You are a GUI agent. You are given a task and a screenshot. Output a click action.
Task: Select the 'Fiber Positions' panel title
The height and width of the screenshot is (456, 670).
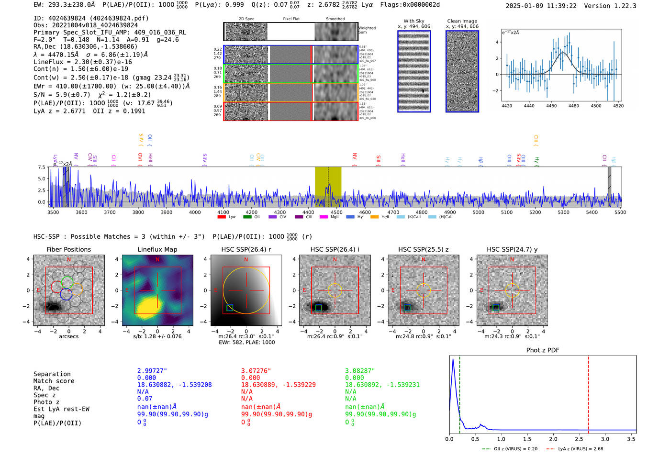(x=68, y=249)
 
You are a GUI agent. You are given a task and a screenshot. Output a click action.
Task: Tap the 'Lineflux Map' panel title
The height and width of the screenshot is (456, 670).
(x=157, y=249)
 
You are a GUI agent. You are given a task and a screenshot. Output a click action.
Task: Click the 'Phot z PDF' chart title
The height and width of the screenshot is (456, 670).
(x=543, y=350)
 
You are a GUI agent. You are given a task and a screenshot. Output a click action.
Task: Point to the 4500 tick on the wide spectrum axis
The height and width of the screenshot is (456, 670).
(x=336, y=212)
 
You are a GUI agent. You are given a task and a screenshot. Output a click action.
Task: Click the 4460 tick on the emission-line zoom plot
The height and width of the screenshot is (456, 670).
(x=551, y=106)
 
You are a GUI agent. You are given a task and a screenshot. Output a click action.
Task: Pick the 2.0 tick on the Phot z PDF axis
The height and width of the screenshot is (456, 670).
(x=553, y=439)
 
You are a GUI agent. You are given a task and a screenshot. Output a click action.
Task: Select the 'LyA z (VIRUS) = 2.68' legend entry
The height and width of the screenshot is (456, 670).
(x=575, y=449)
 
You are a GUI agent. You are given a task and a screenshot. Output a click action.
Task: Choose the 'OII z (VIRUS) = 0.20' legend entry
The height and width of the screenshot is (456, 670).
(x=510, y=449)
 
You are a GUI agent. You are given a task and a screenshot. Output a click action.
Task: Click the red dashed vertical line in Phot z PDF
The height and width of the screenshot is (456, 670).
(x=588, y=392)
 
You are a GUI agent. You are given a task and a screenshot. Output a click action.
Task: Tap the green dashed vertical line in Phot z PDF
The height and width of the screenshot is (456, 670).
(x=459, y=392)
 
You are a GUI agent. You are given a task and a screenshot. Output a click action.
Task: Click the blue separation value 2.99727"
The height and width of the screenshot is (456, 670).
(x=152, y=371)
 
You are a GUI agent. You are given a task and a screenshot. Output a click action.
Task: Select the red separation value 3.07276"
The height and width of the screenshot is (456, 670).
(x=256, y=371)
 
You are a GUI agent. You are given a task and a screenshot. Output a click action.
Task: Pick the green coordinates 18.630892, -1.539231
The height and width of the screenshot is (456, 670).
(x=382, y=385)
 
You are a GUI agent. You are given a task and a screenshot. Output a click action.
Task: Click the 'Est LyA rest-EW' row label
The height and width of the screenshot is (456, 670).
(x=61, y=409)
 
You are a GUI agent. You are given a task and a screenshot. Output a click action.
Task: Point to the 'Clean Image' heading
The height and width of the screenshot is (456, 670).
(x=462, y=21)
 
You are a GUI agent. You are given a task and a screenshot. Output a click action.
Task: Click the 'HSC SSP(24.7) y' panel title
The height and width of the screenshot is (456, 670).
(x=512, y=249)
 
